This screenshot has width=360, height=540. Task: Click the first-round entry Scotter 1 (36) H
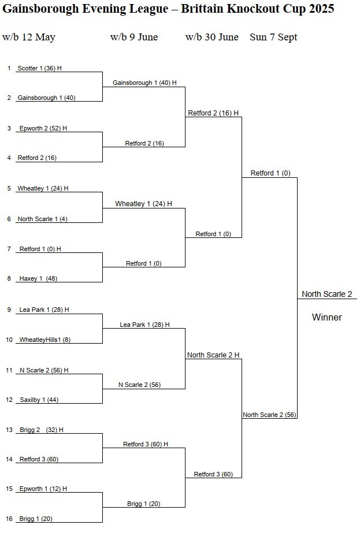39,68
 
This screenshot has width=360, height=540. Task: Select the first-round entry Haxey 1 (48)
38,278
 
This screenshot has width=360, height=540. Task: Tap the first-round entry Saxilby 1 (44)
39,400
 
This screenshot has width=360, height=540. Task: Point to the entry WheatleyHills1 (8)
44,340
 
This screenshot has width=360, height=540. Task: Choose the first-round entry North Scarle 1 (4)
42,219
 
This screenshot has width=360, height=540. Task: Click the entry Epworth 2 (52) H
43,128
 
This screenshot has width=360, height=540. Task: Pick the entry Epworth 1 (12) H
43,489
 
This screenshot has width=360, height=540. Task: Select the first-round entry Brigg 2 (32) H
41,430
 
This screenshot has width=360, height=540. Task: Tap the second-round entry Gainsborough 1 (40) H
144,83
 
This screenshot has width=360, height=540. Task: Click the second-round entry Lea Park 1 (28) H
144,325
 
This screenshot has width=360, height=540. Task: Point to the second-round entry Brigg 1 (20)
144,504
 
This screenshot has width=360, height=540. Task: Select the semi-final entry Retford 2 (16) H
213,113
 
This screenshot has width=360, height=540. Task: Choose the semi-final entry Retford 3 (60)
213,474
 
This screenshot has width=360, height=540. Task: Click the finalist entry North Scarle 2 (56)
269,415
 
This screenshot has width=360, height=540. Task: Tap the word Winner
327,317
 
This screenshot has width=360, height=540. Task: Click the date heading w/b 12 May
29,37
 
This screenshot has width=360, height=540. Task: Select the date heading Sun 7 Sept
273,37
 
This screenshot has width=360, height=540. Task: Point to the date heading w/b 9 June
134,37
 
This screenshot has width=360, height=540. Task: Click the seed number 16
9,519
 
